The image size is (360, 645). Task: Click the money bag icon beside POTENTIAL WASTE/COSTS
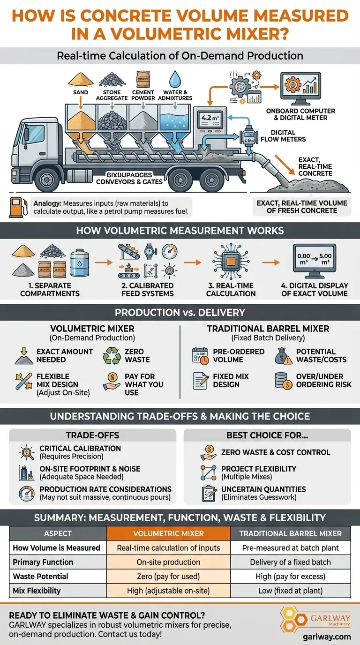pos(284,355)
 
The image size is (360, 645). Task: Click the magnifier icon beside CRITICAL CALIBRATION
pos(26,452)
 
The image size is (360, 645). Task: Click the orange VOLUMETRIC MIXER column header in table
pos(169,533)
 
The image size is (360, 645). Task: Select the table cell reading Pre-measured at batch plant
pos(291,547)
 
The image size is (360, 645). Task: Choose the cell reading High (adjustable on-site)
pos(169,591)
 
